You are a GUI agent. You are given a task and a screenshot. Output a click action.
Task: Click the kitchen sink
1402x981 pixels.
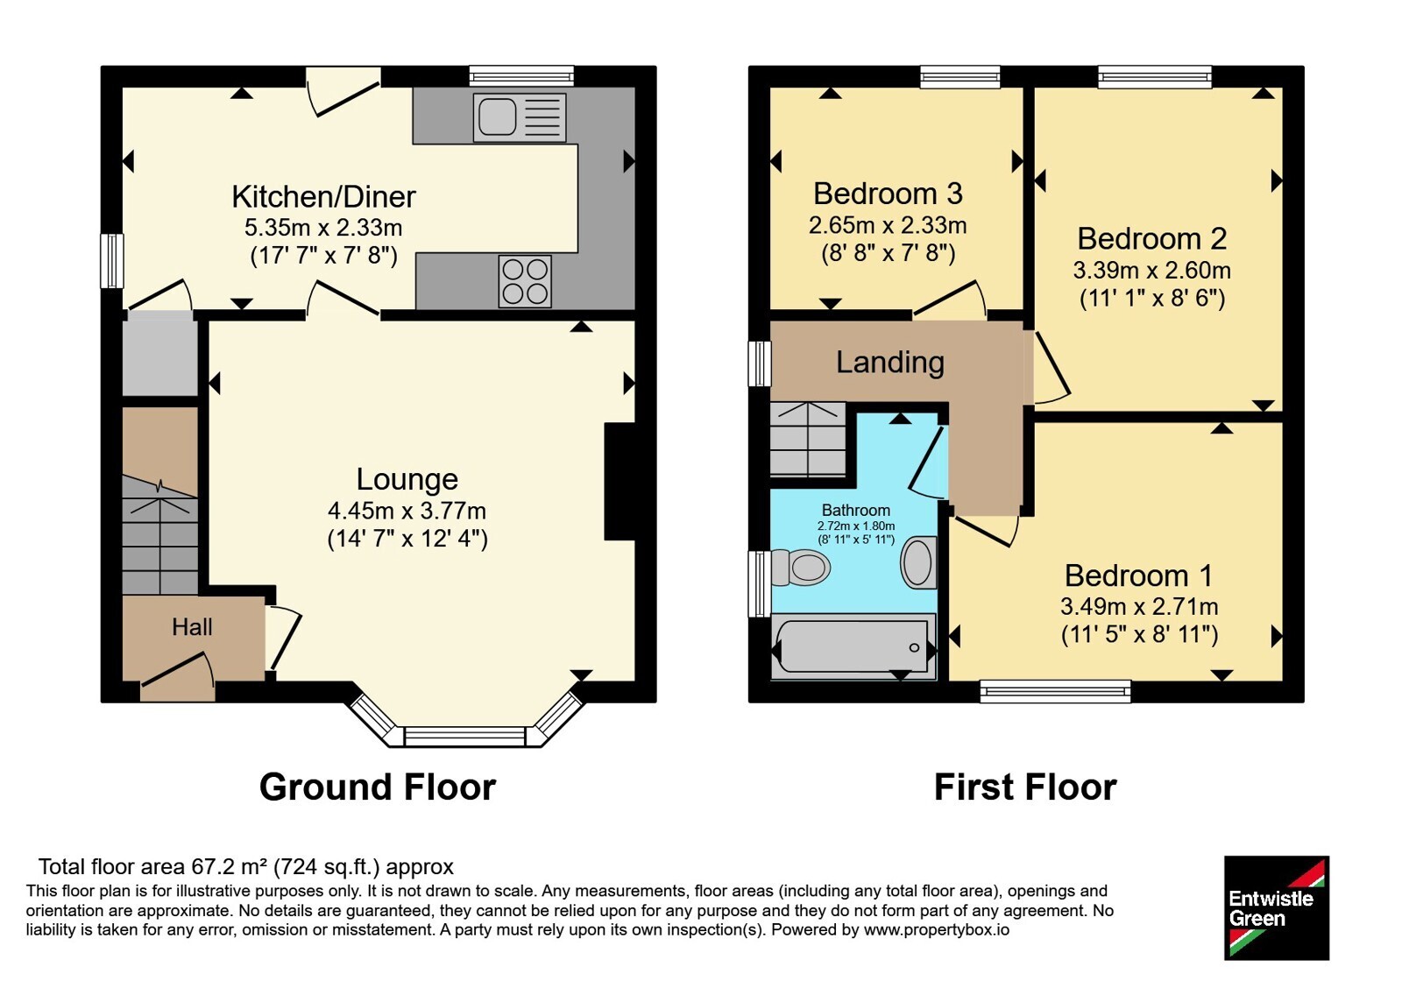[x=520, y=117]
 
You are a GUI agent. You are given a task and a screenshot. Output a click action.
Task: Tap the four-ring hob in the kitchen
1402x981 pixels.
[x=525, y=281]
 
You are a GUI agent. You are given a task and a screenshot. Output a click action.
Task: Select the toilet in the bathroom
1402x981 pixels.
[x=801, y=568]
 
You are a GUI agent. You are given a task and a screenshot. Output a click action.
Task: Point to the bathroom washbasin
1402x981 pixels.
[x=918, y=562]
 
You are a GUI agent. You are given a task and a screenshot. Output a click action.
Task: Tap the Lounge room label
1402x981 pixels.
[x=407, y=479]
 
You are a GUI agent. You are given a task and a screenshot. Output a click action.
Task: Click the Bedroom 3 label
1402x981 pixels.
[x=888, y=194]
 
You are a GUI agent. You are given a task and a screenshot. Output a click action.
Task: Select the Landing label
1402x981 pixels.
[x=890, y=363]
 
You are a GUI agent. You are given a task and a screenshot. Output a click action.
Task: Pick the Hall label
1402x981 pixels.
[x=192, y=627]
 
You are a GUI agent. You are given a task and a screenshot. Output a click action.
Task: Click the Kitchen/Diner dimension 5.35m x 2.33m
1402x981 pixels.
[x=323, y=228]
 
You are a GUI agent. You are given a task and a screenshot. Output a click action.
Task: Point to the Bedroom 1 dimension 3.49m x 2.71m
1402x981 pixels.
[x=1139, y=606]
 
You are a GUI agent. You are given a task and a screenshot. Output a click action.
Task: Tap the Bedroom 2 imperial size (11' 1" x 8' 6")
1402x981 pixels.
[x=1152, y=299]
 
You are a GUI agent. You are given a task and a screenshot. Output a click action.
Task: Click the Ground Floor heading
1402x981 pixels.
[x=378, y=787]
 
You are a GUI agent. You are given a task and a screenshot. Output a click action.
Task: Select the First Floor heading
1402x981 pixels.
[x=1025, y=787]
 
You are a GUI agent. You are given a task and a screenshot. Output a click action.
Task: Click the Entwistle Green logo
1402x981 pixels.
[x=1277, y=907]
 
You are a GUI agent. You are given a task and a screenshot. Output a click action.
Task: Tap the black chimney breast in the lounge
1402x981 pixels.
[x=620, y=481]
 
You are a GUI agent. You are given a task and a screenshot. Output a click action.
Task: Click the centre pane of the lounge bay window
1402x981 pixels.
[x=465, y=737]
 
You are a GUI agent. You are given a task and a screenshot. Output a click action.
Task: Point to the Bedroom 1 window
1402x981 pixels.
[x=1055, y=691]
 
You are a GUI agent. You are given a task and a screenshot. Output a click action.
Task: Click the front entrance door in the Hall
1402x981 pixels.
[x=177, y=674]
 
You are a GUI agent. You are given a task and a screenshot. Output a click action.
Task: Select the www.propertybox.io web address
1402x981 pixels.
[x=937, y=929]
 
